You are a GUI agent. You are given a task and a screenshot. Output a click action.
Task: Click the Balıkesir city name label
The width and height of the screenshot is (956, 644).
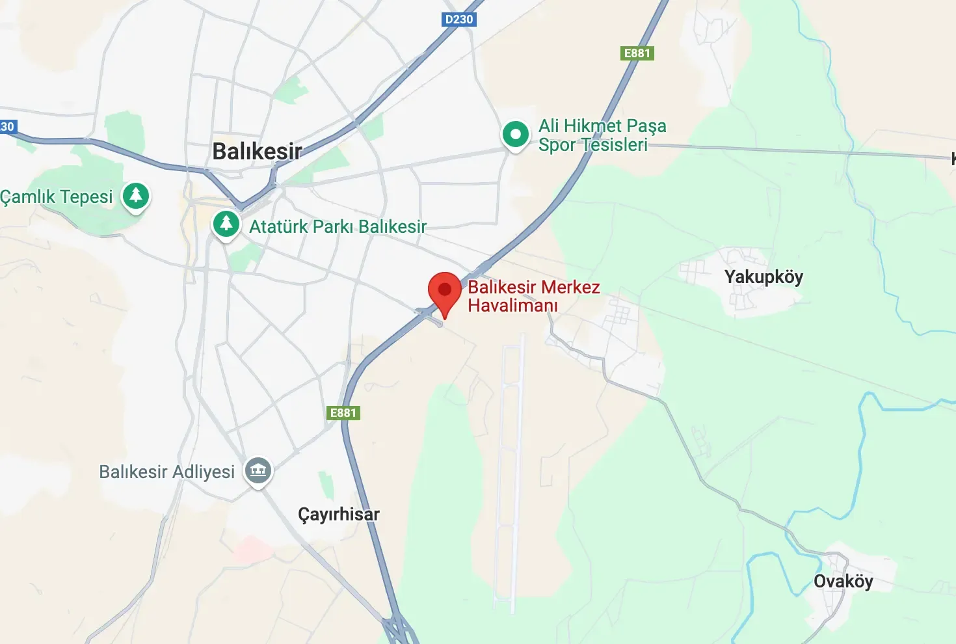click(x=257, y=152)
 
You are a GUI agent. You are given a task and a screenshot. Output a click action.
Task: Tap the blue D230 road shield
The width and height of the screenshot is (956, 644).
click(x=458, y=20)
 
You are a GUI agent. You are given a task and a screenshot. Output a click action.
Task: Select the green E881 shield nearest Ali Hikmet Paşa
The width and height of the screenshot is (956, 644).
click(x=637, y=53)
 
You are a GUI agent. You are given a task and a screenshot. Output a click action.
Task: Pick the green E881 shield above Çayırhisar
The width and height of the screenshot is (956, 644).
click(x=343, y=413)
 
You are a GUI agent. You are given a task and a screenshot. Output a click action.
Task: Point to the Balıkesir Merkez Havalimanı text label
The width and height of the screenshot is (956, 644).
click(x=533, y=296)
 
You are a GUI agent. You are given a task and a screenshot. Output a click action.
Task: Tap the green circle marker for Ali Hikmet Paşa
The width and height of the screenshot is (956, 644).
click(x=516, y=135)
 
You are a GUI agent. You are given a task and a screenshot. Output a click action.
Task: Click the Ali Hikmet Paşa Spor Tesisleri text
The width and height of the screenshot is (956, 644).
click(x=602, y=135)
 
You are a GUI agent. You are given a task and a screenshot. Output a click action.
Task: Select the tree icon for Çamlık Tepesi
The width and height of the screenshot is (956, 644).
click(x=136, y=195)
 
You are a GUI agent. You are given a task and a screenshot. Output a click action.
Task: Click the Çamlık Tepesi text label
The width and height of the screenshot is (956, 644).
click(x=57, y=196)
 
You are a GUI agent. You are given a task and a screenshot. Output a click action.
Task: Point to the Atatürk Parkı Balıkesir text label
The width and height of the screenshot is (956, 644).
click(x=338, y=226)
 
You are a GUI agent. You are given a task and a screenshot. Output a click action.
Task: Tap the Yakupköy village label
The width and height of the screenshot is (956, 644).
click(x=763, y=277)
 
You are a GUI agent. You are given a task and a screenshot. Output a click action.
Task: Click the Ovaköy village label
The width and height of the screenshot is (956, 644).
click(x=843, y=581)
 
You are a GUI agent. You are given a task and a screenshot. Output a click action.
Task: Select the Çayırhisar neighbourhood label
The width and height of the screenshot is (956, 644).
click(x=338, y=514)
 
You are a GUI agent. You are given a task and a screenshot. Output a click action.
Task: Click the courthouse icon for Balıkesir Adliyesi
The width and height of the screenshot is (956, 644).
click(x=258, y=470)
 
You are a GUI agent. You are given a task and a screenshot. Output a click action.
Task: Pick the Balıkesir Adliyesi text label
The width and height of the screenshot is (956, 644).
click(x=166, y=472)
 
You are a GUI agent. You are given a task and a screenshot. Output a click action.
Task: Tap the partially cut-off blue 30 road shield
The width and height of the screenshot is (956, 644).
click(x=7, y=127)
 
